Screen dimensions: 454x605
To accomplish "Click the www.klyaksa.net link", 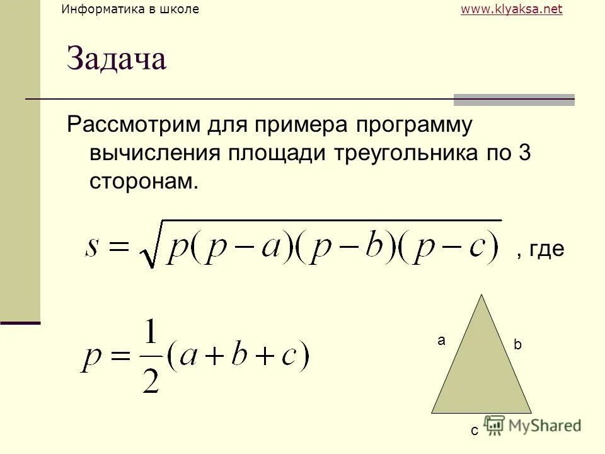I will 511,9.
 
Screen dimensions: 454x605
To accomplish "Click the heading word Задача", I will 117,60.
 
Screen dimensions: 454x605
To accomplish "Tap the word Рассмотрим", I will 134,125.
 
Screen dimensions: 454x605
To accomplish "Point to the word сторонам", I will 144,181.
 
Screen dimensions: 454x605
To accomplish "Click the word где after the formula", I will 546,250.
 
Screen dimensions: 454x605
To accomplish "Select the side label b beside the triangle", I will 517,346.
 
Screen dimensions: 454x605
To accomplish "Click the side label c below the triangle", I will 474,431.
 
